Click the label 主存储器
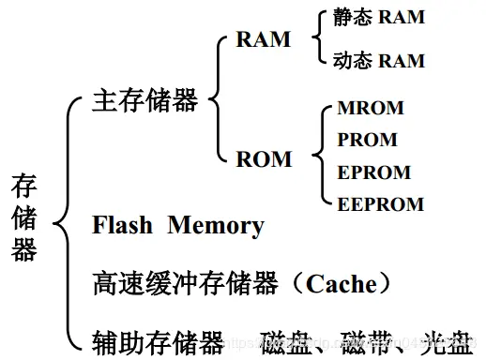[145, 100]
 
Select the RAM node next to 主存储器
[264, 40]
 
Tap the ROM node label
[264, 159]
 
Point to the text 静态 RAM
[378, 18]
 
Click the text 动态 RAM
[378, 61]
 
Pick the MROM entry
[370, 108]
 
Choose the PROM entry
[367, 140]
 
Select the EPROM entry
[373, 172]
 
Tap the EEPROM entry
[380, 203]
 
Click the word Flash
[124, 226]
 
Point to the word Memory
[216, 226]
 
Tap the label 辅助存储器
[159, 339]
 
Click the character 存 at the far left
[24, 185]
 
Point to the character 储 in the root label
[24, 217]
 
